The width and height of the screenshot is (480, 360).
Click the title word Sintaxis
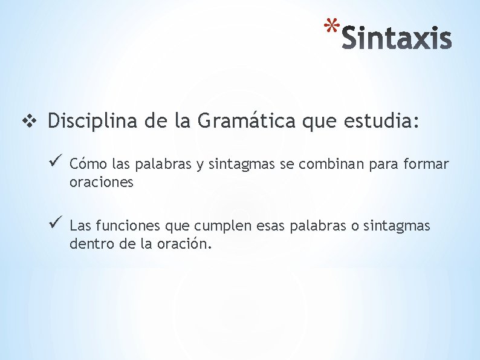click(x=397, y=38)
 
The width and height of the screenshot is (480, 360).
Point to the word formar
click(x=427, y=164)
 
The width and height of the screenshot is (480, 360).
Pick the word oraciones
click(x=102, y=182)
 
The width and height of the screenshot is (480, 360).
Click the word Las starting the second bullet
click(x=80, y=226)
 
